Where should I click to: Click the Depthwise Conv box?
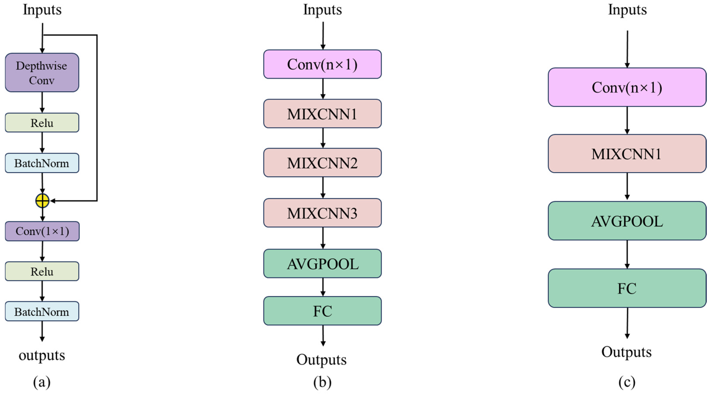42,73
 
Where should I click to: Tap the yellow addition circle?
42,201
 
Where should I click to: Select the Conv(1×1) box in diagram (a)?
42,231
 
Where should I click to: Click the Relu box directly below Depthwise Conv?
42,123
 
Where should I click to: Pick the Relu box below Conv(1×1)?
42,271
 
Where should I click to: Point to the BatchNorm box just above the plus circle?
42,163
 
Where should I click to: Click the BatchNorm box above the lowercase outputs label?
42,312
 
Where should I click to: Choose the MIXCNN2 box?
322,163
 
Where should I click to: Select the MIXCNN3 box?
322,213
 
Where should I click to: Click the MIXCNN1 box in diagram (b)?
322,114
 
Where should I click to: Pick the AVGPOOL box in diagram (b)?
322,264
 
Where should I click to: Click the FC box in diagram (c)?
627,288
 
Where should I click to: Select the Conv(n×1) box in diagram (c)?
627,88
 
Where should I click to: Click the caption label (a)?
42,382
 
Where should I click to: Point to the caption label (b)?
322,382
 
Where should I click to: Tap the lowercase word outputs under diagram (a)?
42,355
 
